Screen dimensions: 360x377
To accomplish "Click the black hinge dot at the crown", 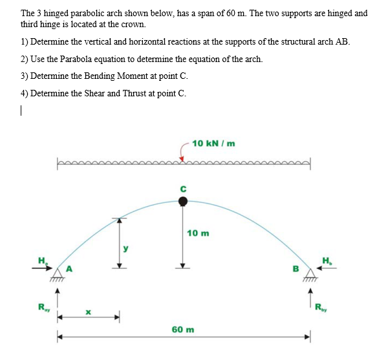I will tap(184, 202).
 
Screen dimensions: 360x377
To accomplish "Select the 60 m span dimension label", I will tap(183, 329).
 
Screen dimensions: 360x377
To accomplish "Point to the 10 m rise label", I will tap(198, 233).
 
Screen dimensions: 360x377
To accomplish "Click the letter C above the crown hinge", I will tap(184, 188).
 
